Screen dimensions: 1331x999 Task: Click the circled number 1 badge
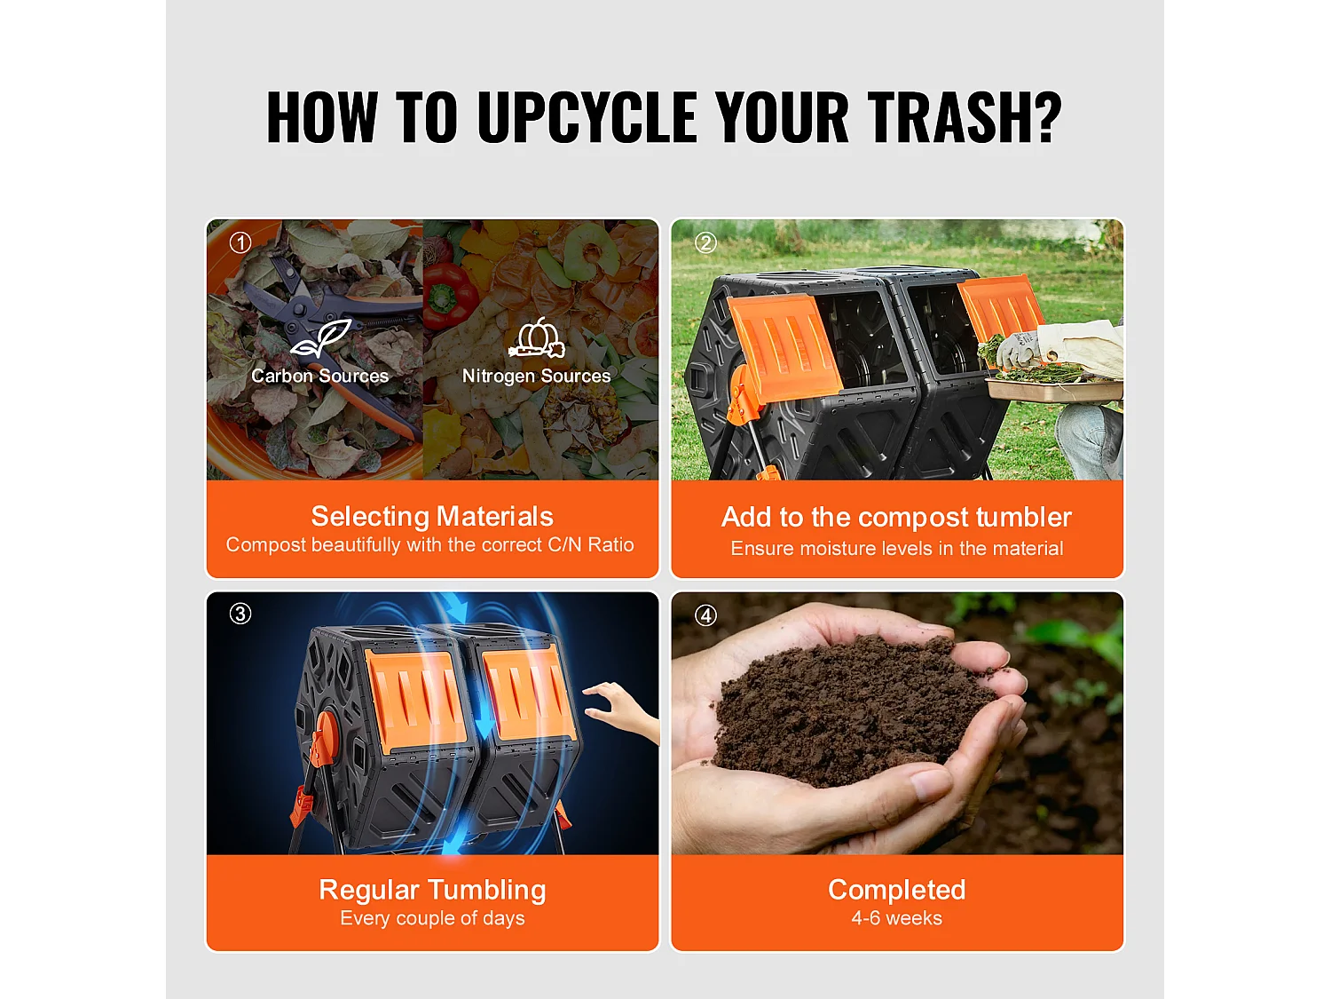[x=240, y=242]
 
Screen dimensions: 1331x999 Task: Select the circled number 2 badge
[x=705, y=242]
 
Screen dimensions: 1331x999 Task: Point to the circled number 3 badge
[x=240, y=614]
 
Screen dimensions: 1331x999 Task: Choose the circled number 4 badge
[x=705, y=615]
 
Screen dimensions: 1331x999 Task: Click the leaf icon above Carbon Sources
[x=321, y=337]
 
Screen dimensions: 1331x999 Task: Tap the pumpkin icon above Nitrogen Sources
[x=537, y=337]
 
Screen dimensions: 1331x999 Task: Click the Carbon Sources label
[x=320, y=376]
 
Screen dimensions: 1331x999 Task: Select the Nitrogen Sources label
[x=537, y=376]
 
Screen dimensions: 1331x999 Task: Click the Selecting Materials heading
[x=432, y=516]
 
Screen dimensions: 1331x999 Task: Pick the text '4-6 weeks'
[x=897, y=917]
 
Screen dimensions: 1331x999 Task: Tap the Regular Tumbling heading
[x=432, y=890]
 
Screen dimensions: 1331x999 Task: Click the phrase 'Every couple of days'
[x=432, y=918]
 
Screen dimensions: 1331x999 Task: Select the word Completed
[x=897, y=890]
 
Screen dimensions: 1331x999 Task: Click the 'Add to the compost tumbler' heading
[x=897, y=517]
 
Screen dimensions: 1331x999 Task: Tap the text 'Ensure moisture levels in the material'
[x=897, y=548]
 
